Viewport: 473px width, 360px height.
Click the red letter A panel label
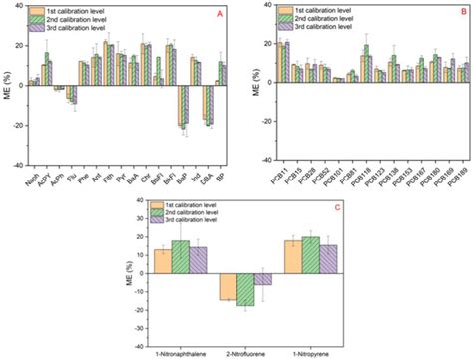point(221,17)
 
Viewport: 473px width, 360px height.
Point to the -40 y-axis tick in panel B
point(261,164)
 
